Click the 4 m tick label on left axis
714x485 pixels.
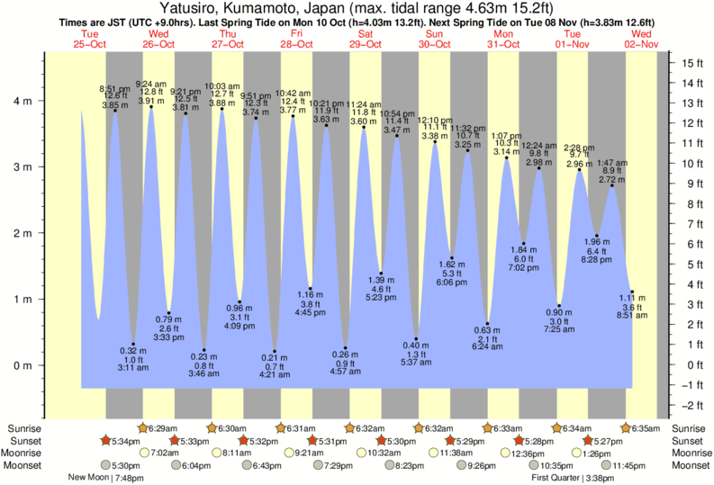click(23, 101)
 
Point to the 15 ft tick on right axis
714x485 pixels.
click(691, 63)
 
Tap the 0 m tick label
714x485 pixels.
click(23, 365)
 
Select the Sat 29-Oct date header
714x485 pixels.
click(365, 39)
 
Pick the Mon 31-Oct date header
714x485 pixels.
click(503, 39)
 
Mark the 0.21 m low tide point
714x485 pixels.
click(275, 351)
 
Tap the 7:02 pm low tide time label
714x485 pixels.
click(523, 268)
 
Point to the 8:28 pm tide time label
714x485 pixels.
click(596, 259)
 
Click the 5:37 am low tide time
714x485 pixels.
click(415, 363)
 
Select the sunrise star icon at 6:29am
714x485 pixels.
click(141, 428)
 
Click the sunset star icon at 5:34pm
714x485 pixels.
click(105, 440)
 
